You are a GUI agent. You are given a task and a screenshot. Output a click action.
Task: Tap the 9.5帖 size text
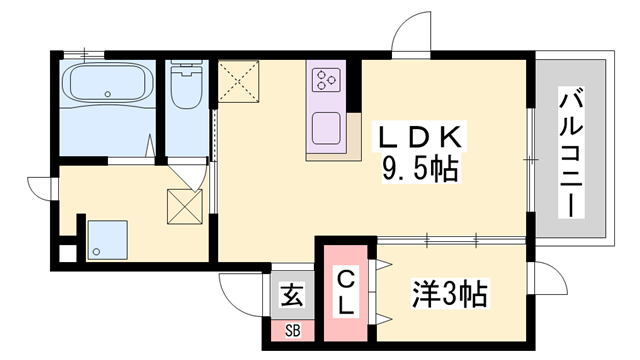pyautogui.click(x=418, y=170)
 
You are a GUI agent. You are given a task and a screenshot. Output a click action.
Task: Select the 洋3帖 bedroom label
pyautogui.click(x=450, y=294)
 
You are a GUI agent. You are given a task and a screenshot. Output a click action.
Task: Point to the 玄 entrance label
pyautogui.click(x=292, y=296)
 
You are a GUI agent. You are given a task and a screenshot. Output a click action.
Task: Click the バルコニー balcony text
pyautogui.click(x=570, y=150)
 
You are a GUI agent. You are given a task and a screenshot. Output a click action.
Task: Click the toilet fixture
pyautogui.click(x=185, y=88)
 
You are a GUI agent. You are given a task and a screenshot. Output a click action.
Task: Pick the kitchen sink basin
pyautogui.click(x=328, y=129)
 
